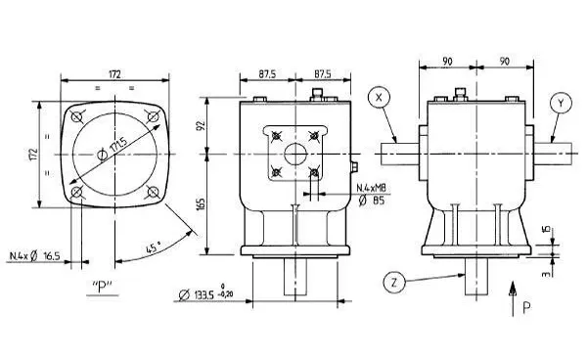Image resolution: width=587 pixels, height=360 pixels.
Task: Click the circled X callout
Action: tap(380, 98)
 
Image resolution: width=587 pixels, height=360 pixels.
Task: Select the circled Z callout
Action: tap(393, 283)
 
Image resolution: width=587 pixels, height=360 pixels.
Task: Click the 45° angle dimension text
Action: tap(154, 248)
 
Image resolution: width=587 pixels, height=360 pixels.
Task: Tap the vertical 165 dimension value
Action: tap(201, 203)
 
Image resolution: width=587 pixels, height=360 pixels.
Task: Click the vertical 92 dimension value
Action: tap(201, 125)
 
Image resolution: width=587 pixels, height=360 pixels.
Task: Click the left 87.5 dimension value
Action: tap(266, 73)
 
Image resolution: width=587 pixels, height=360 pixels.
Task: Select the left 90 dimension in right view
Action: tap(447, 61)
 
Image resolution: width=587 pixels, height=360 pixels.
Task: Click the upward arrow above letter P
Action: tap(513, 291)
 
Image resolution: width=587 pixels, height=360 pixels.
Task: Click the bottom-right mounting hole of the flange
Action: tap(153, 193)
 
